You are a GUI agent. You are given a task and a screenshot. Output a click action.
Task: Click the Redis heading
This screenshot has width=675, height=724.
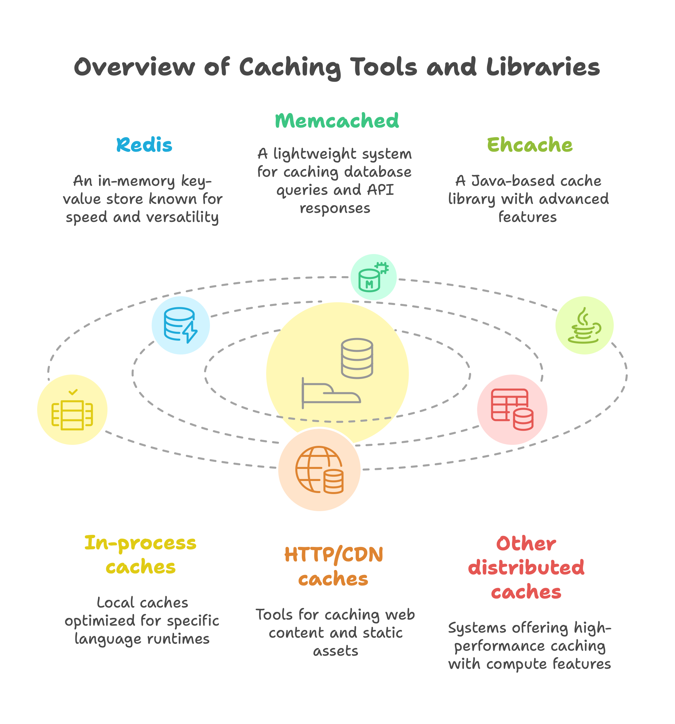[x=144, y=145]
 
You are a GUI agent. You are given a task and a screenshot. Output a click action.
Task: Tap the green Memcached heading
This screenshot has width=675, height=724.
[x=336, y=121]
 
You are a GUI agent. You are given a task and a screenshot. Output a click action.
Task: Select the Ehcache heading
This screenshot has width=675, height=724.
[x=529, y=145]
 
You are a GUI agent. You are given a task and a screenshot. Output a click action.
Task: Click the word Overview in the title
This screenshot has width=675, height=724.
[x=134, y=67]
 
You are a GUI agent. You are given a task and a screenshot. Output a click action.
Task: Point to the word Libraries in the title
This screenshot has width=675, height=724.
[x=543, y=67]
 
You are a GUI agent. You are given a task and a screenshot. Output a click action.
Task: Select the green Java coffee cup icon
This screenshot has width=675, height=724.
[x=584, y=325]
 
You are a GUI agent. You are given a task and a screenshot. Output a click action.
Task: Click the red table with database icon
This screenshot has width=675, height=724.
[x=512, y=409]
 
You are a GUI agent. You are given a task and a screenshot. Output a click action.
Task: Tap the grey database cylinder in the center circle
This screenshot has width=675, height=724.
[x=357, y=358]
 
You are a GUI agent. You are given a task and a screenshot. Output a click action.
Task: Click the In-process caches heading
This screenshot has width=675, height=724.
[x=141, y=555]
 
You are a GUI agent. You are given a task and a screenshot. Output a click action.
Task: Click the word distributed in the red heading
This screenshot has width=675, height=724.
[x=526, y=568]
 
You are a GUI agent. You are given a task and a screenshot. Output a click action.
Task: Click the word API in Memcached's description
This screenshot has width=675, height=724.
[x=380, y=190]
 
